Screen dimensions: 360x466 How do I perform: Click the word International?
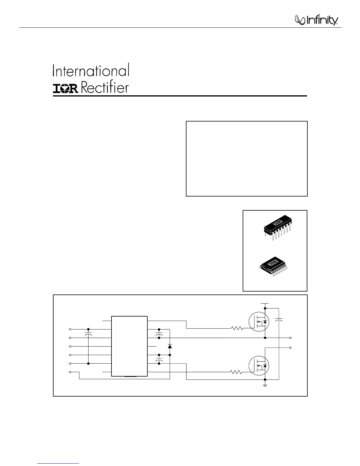pyautogui.click(x=91, y=71)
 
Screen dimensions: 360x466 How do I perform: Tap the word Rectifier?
pyautogui.click(x=104, y=88)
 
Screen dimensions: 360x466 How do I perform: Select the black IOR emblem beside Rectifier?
pyautogui.click(x=65, y=89)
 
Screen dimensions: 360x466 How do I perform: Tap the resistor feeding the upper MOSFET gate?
pyautogui.click(x=237, y=328)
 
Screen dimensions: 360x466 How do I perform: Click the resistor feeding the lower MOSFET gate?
pyautogui.click(x=236, y=372)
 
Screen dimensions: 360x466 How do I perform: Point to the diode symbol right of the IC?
pyautogui.click(x=170, y=346)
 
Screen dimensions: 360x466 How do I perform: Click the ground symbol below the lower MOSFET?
pyautogui.click(x=265, y=385)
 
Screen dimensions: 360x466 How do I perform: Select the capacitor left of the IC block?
pyautogui.click(x=89, y=335)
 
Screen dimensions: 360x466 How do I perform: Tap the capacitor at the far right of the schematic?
pyautogui.click(x=279, y=320)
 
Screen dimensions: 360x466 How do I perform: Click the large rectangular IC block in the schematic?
pyautogui.click(x=129, y=346)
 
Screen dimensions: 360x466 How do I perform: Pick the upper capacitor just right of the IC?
pyautogui.click(x=159, y=335)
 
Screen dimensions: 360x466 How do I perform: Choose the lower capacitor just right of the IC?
pyautogui.click(x=159, y=360)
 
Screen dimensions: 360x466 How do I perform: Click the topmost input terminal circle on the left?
pyautogui.click(x=70, y=329)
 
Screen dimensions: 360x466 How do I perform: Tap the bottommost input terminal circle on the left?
pyautogui.click(x=70, y=372)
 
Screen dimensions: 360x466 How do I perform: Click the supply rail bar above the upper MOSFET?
pyautogui.click(x=265, y=303)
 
